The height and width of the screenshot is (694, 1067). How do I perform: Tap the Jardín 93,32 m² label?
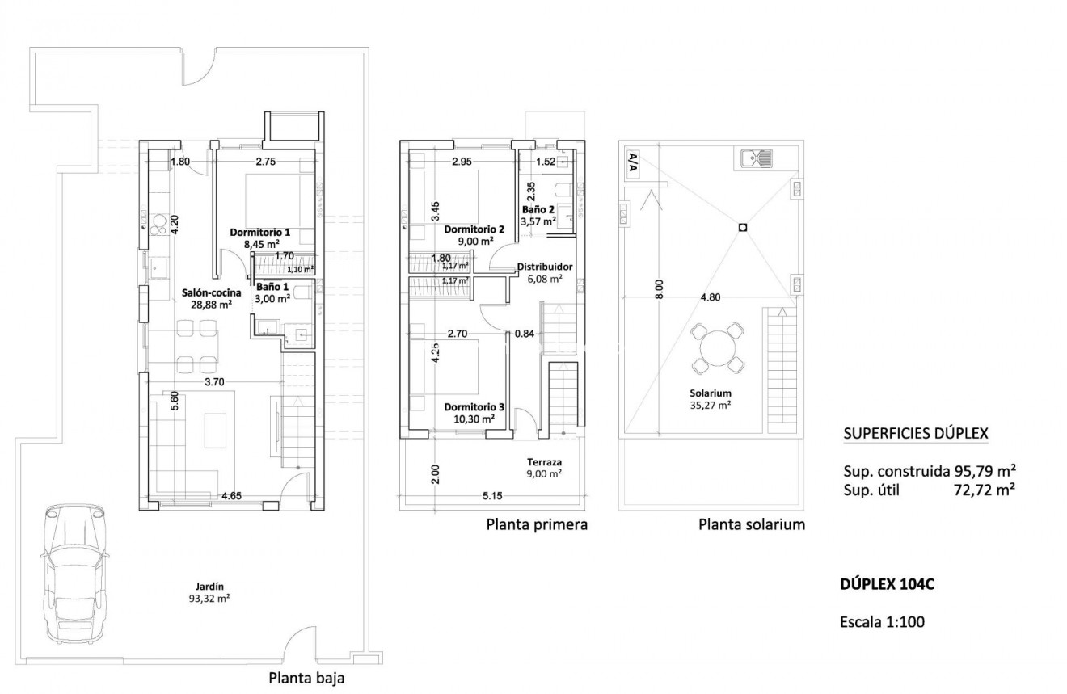point(209,593)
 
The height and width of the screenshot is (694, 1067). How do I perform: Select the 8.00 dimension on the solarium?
point(659,290)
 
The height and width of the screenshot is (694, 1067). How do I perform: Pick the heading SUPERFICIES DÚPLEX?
point(915,434)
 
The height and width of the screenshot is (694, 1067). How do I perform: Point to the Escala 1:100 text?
point(882,622)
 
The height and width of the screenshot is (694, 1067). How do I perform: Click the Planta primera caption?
point(537,525)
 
